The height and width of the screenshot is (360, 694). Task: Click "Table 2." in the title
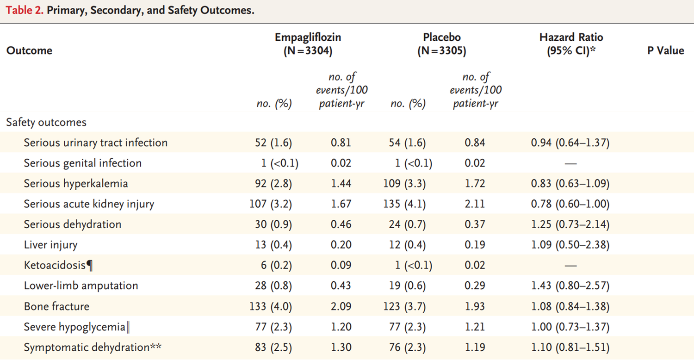click(24, 11)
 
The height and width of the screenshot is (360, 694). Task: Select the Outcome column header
click(29, 50)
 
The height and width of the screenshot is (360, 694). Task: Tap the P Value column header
click(665, 50)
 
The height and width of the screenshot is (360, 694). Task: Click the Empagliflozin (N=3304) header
click(308, 44)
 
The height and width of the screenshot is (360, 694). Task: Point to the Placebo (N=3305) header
click(441, 44)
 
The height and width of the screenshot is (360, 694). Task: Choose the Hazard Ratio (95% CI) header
click(571, 44)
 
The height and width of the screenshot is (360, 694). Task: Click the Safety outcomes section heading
click(46, 122)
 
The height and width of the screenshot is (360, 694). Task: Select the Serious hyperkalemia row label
click(76, 184)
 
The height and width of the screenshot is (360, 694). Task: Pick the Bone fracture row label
click(56, 306)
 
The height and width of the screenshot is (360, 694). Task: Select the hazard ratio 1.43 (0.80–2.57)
click(570, 286)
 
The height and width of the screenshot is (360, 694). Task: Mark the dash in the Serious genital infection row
click(570, 163)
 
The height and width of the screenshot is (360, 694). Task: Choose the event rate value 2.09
click(341, 306)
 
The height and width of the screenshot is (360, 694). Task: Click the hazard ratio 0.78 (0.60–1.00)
click(570, 204)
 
